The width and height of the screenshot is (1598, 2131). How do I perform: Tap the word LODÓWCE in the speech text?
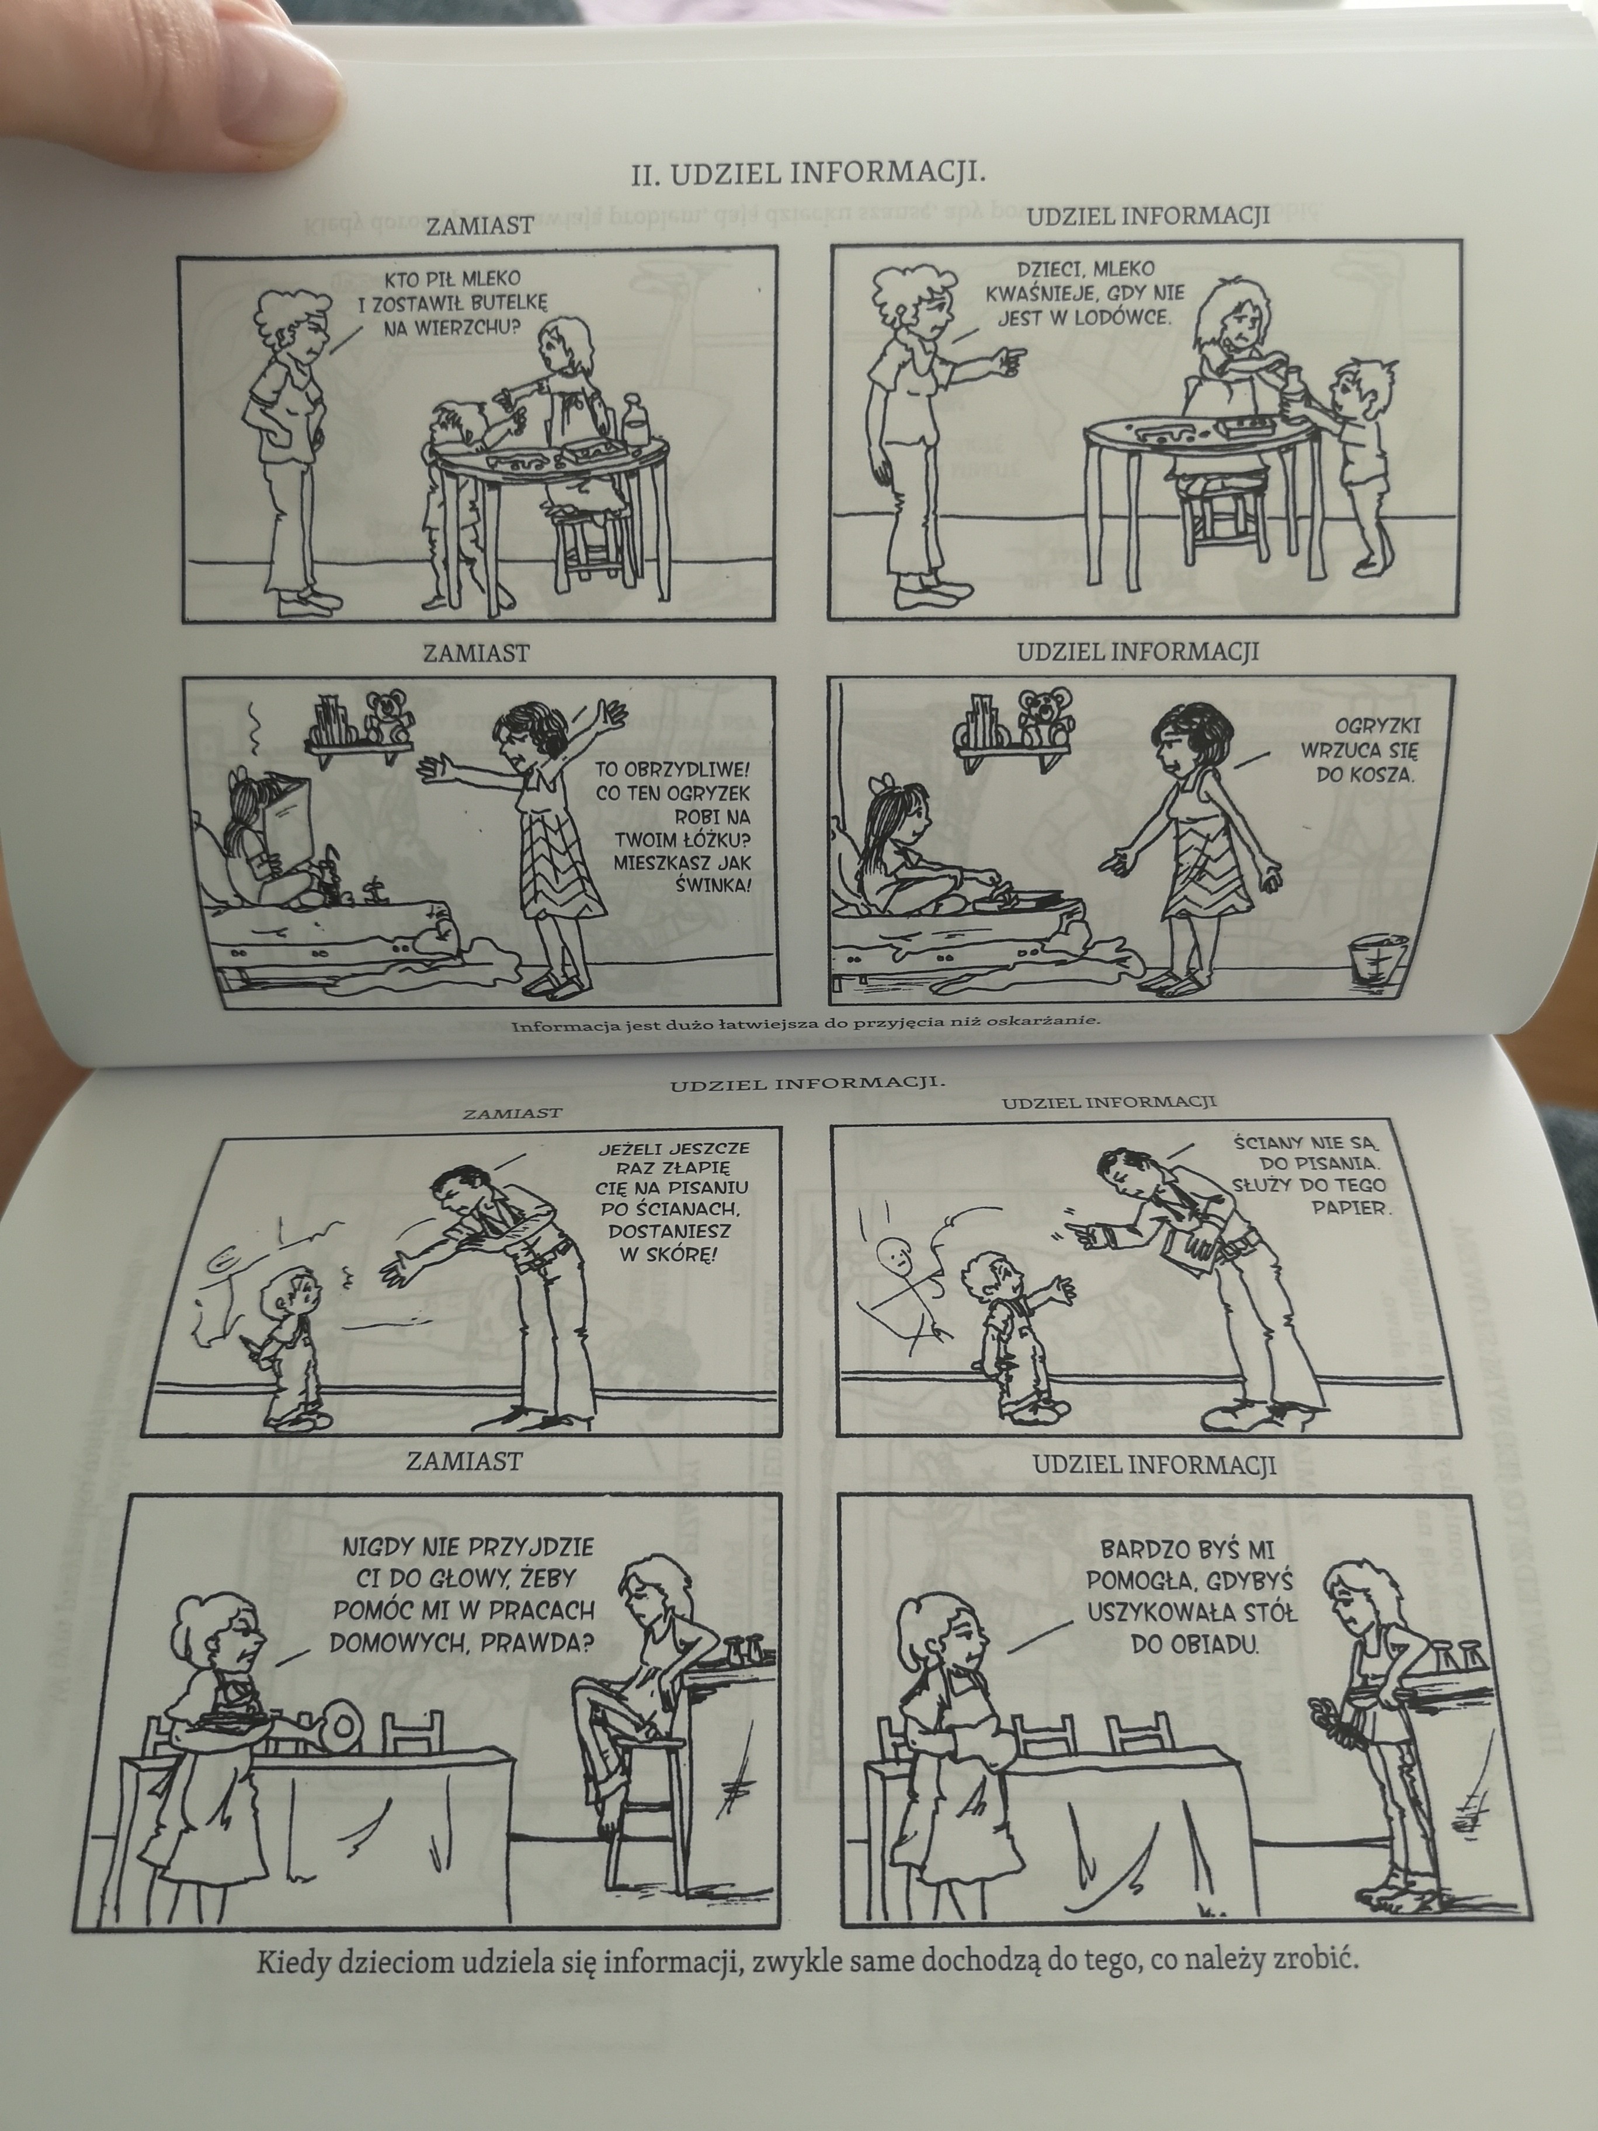tap(1124, 317)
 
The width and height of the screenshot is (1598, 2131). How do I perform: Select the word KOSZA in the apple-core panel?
tap(1365, 773)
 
